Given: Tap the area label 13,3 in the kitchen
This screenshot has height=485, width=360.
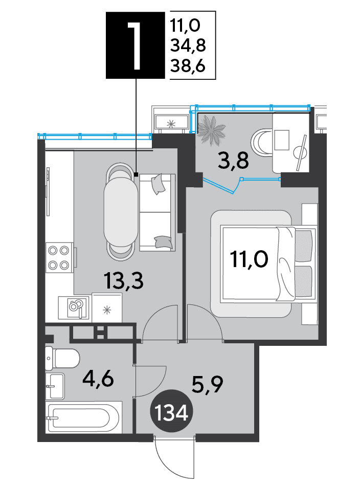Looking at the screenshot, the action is (124, 281).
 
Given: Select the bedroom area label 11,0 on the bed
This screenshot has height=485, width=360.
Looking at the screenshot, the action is (249, 259).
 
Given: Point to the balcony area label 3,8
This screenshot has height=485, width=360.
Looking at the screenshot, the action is (233, 161).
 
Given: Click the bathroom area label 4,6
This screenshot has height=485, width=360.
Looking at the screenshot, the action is (98, 380).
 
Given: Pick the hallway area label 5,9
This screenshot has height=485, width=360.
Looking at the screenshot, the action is (207, 385).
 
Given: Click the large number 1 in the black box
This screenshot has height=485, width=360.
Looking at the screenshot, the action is (135, 46).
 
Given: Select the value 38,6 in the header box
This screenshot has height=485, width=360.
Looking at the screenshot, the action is (188, 66).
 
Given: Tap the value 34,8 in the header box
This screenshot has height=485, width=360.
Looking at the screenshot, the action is (188, 46).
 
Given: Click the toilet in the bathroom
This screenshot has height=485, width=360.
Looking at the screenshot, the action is (62, 359).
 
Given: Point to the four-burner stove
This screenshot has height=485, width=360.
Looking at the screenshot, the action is (59, 258).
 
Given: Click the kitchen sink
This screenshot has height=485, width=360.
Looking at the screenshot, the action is (75, 307).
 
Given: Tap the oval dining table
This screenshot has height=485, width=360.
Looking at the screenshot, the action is (121, 213).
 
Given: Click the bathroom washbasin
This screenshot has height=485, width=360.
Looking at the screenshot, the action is (55, 386).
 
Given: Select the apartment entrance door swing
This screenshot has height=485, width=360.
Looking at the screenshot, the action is (174, 456).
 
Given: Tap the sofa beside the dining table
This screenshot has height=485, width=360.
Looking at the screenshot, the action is (157, 212).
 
